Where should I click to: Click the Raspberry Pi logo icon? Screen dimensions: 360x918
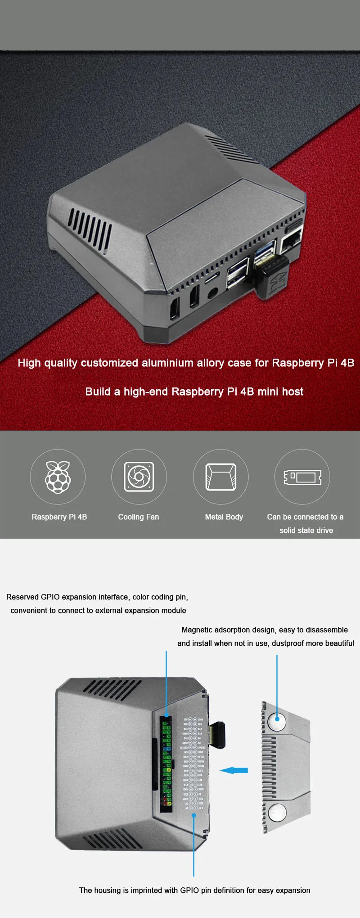[x=58, y=477]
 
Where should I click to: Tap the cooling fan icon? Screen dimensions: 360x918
[x=139, y=477]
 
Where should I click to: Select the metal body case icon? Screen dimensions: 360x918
[x=220, y=477]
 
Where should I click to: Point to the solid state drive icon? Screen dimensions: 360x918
[x=302, y=477]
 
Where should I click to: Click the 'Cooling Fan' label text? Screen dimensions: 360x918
[x=139, y=517]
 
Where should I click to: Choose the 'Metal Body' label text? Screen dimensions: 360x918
[x=224, y=517]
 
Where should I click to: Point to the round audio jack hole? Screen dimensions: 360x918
[x=211, y=293]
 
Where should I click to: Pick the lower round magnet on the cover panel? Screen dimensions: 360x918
[x=277, y=813]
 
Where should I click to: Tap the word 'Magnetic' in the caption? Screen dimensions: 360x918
[x=198, y=630]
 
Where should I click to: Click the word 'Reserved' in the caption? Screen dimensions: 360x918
[x=22, y=597]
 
